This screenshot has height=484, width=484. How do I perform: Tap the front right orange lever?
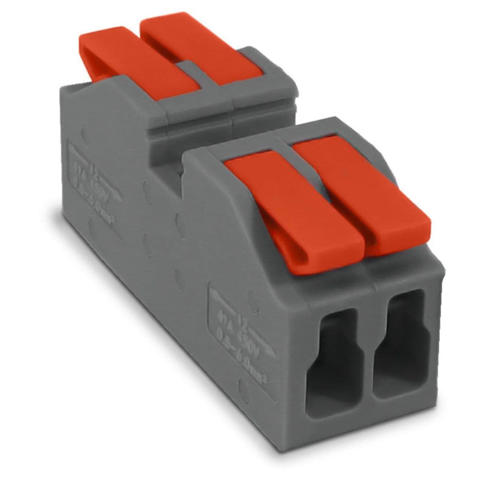click(359, 189)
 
